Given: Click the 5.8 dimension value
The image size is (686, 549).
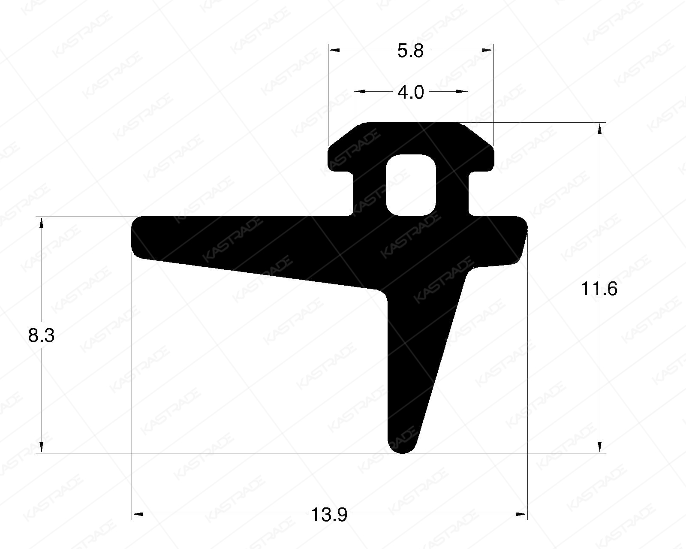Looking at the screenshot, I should click(x=410, y=51).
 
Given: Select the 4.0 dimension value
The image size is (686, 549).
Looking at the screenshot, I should click(x=410, y=92).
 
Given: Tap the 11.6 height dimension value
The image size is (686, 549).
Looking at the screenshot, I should click(x=599, y=290).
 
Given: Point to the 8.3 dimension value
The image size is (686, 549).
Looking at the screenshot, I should click(x=41, y=335).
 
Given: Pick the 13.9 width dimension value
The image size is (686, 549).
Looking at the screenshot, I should click(x=329, y=514).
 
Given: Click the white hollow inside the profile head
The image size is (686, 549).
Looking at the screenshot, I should click(x=411, y=184).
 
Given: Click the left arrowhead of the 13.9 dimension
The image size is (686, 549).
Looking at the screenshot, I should click(x=137, y=514).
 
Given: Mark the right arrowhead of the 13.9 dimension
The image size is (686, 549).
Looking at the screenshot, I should click(x=522, y=514).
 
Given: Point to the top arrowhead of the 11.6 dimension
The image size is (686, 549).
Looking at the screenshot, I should click(x=599, y=128).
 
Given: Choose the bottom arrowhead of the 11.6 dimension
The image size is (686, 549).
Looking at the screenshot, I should click(x=599, y=447).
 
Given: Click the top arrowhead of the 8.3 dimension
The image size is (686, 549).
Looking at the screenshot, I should click(x=41, y=223).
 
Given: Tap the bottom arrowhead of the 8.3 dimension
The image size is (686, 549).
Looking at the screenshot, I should click(x=41, y=447).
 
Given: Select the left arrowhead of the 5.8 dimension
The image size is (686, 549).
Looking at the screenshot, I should click(x=334, y=50).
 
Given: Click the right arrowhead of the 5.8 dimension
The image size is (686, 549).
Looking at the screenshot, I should click(x=488, y=50).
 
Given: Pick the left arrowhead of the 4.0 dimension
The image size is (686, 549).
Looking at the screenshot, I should click(x=359, y=91).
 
